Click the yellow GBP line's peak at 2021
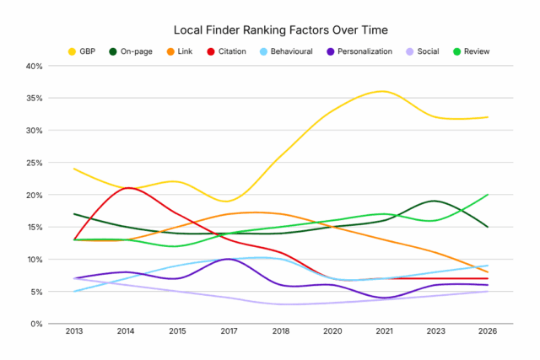pyautogui.click(x=385, y=91)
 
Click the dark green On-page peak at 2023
pyautogui.click(x=435, y=201)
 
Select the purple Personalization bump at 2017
pyautogui.click(x=229, y=259)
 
